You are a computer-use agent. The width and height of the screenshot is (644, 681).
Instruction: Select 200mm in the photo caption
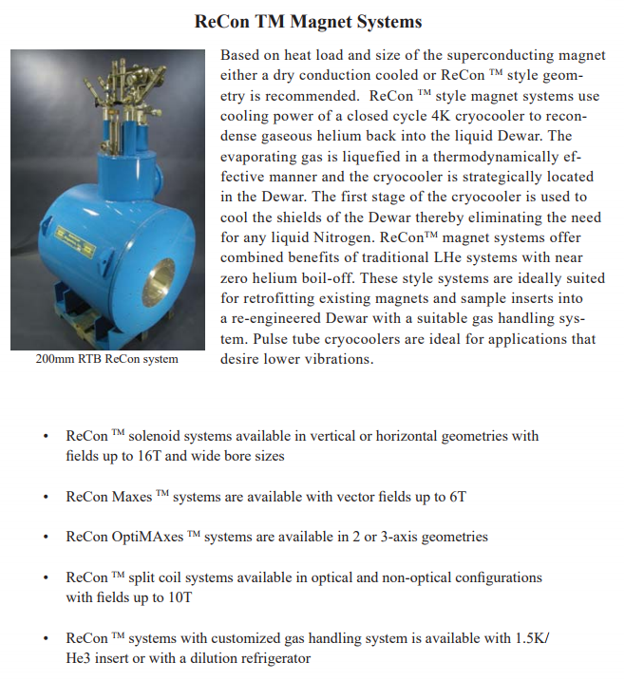click(x=54, y=359)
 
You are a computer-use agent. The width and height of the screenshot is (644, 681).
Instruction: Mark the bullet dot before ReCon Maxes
click(x=46, y=498)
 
